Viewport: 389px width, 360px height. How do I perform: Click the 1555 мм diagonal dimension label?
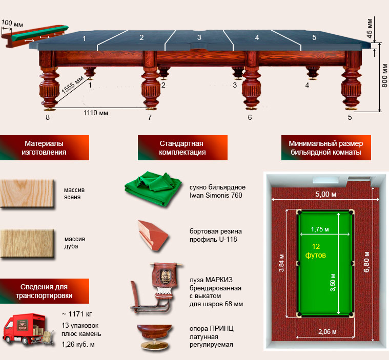click(x=73, y=85)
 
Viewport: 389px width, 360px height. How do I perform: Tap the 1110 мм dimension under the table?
click(x=96, y=113)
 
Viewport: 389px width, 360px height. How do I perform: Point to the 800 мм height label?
click(x=384, y=75)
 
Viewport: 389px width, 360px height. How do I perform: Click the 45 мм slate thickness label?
click(x=370, y=28)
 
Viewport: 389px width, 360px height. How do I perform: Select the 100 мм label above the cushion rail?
click(x=12, y=24)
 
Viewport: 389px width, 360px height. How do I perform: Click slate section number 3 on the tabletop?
click(x=199, y=37)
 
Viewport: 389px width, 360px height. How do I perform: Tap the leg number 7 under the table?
click(x=150, y=117)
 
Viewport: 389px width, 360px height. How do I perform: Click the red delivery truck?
click(x=28, y=329)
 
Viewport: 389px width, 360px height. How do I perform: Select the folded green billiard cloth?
click(x=153, y=188)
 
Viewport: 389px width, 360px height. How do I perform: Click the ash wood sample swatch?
click(x=27, y=194)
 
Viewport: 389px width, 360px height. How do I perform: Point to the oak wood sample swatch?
click(x=27, y=244)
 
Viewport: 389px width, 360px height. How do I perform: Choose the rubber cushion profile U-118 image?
click(x=154, y=236)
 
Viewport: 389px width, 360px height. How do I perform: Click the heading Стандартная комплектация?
click(x=182, y=148)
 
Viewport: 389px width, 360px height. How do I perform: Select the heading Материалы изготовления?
click(x=44, y=148)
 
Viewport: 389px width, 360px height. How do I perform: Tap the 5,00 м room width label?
click(x=326, y=194)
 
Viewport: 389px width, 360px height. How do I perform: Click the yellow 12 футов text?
click(x=316, y=250)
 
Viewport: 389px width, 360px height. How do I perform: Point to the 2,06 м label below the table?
click(x=327, y=331)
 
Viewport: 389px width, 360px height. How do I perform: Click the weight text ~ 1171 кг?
click(x=77, y=314)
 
